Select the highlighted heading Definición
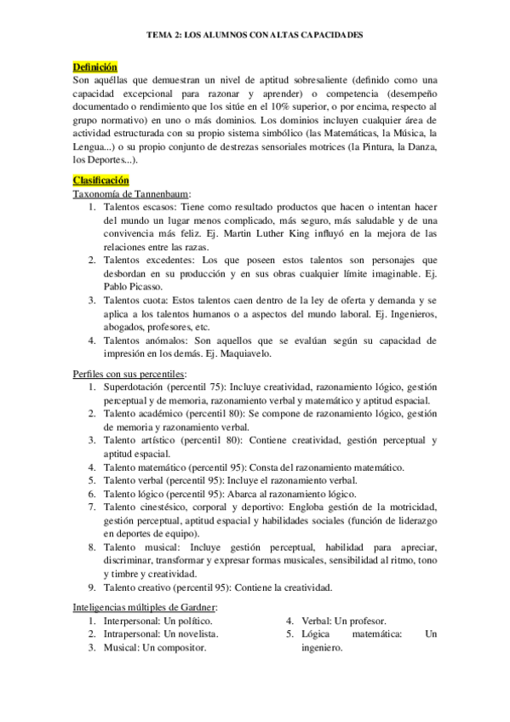click(x=95, y=67)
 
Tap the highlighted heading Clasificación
click(x=101, y=180)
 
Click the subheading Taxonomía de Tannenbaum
click(x=132, y=194)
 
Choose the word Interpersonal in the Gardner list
click(x=132, y=621)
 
